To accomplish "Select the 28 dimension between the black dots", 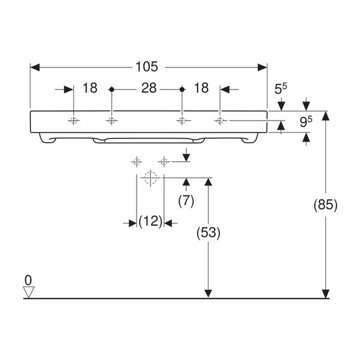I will pos(149,89).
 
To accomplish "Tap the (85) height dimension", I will pos(326,205).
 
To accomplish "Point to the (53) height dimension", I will pos(208,233).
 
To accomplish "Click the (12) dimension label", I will pos(150,222).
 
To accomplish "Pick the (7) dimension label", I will pos(186,201).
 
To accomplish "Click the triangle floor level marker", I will pos(28,291).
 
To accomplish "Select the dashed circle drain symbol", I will pos(150,177).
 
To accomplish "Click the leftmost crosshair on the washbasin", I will pos(73,121).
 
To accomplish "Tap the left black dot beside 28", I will pos(112,89).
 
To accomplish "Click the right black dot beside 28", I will pos(181,89).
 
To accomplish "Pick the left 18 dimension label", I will pos(90,89).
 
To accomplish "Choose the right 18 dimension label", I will pos(201,89).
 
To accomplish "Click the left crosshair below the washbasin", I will pos(136,161).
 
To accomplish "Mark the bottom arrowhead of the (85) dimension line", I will pos(325,293).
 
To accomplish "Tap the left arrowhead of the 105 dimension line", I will pos(34,65).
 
